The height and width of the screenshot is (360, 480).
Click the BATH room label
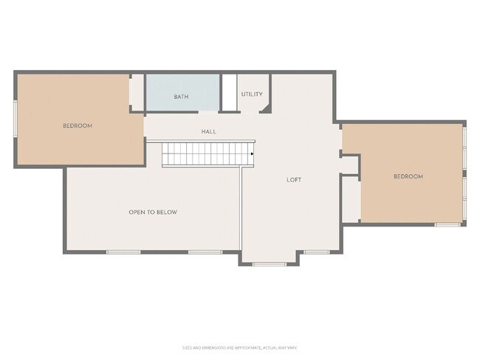(x=181, y=97)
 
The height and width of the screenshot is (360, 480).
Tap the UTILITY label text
(x=252, y=94)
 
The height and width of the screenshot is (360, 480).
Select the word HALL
(x=209, y=131)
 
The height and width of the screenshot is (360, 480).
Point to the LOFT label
(x=294, y=179)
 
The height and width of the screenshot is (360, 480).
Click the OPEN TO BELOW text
(x=153, y=212)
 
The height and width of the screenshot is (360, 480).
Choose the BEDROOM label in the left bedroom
(x=78, y=125)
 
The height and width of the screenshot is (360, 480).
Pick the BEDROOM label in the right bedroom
(x=408, y=176)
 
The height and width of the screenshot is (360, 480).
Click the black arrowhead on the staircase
(x=253, y=153)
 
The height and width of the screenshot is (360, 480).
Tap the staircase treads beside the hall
(x=207, y=154)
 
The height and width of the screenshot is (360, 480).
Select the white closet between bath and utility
(x=229, y=92)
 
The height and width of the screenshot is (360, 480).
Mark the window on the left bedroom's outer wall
(x=16, y=118)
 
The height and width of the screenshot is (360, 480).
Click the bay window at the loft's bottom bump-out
(x=270, y=263)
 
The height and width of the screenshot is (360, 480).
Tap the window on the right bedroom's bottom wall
(x=447, y=224)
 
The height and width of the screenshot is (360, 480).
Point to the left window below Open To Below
(x=123, y=252)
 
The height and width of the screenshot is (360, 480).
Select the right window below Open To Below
(x=205, y=252)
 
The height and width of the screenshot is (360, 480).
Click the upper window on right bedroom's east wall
(x=464, y=148)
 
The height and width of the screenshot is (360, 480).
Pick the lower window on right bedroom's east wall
(x=464, y=198)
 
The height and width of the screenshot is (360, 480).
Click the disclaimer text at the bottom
(x=239, y=347)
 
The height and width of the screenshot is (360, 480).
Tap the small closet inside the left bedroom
(x=137, y=91)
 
